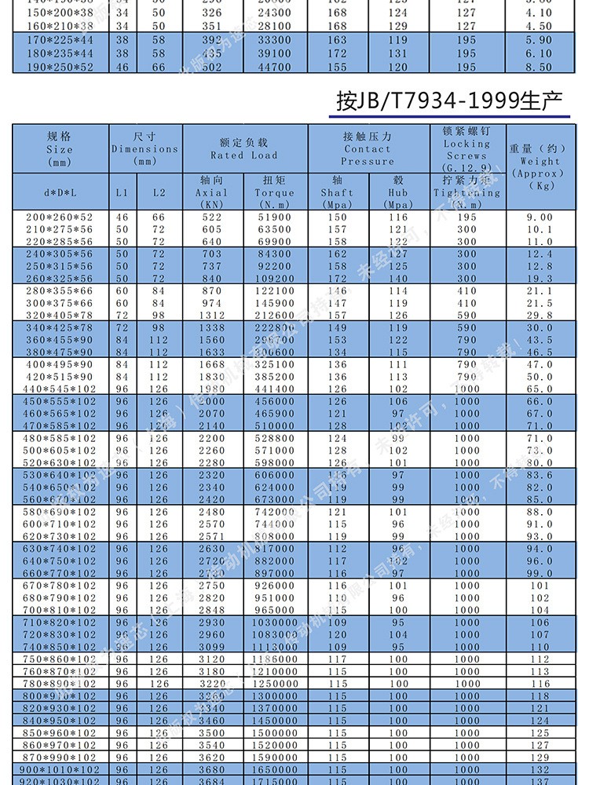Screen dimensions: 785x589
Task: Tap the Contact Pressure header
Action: coord(367,148)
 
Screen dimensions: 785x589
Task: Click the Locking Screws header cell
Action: coord(466,149)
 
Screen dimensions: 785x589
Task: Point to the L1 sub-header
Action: coord(122,192)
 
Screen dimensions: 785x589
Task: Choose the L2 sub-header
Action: coord(159,192)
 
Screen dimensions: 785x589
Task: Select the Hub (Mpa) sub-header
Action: coord(398,192)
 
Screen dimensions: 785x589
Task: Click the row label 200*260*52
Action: coord(59,217)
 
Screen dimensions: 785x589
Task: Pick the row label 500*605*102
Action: coord(59,451)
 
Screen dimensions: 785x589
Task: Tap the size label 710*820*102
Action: coord(59,623)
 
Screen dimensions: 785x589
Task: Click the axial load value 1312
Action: coord(211,316)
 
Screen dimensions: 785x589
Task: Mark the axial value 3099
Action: coord(211,647)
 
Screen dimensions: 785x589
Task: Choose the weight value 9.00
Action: coord(540,217)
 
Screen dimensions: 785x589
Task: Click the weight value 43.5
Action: coord(540,340)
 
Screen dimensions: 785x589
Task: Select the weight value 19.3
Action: coord(540,279)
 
